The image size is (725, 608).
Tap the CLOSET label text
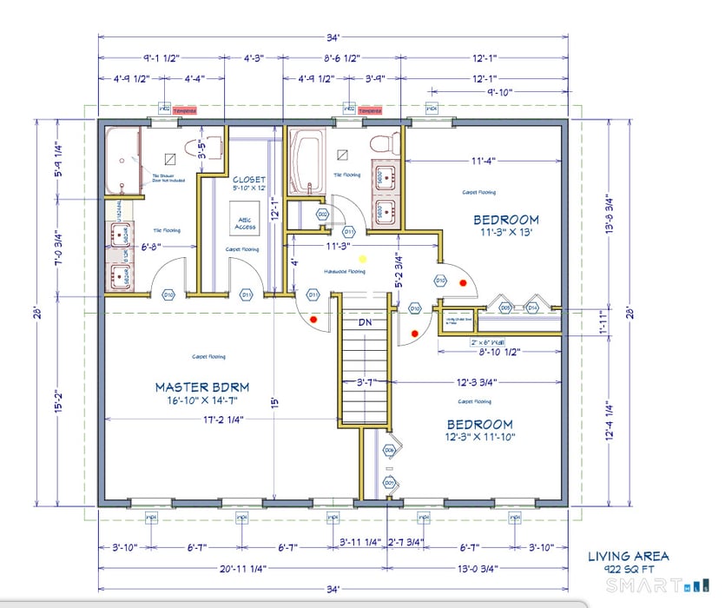point(248,179)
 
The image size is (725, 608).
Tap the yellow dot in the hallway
point(364,259)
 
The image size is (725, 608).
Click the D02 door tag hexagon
point(322,214)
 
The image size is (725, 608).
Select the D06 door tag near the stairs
point(389,450)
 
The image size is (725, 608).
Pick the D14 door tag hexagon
point(532,307)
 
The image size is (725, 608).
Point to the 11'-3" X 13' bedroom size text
point(504,233)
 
